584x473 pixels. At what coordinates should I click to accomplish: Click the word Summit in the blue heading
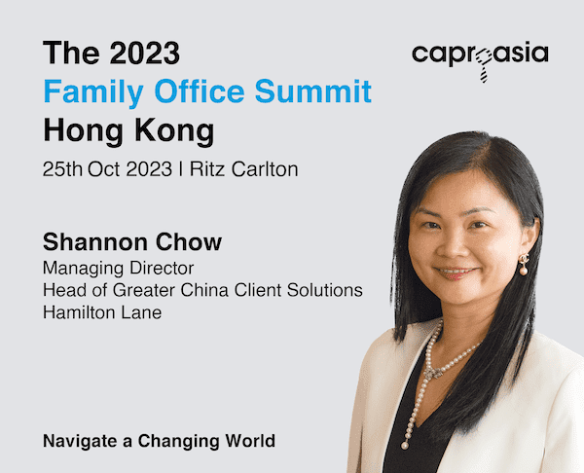(x=312, y=91)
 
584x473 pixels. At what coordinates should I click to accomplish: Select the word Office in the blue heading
(x=200, y=91)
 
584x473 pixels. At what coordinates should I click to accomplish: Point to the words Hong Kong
(x=128, y=131)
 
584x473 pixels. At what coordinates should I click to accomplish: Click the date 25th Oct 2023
(x=107, y=169)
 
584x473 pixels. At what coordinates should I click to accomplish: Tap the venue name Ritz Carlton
(x=244, y=169)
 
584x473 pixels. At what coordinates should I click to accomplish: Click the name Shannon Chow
(x=132, y=242)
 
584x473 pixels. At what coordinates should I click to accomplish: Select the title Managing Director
(x=118, y=269)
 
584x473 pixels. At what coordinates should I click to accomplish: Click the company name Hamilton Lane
(x=102, y=312)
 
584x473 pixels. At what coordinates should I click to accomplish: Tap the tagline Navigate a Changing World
(x=159, y=442)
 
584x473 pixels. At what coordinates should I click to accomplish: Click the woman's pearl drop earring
(x=524, y=265)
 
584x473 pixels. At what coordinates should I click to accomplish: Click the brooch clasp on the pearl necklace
(x=431, y=373)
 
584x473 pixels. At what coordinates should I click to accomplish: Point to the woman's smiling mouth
(x=455, y=273)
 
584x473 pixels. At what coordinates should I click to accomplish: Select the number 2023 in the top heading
(x=145, y=53)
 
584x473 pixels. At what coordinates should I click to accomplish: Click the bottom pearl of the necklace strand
(x=405, y=446)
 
